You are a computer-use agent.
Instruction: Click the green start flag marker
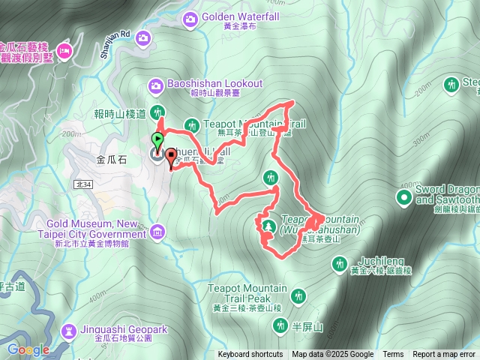click(x=157, y=140)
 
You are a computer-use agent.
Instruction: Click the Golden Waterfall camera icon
click(x=190, y=16)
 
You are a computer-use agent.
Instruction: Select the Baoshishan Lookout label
click(x=216, y=83)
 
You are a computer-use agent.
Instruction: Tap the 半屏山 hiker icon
click(x=280, y=325)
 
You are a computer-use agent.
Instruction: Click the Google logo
click(x=28, y=349)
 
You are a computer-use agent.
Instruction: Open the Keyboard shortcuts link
click(x=250, y=355)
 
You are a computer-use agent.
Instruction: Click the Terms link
click(x=393, y=355)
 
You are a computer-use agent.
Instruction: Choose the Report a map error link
click(x=444, y=355)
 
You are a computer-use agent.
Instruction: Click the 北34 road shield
click(x=83, y=184)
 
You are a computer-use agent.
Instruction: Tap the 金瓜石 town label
click(x=112, y=159)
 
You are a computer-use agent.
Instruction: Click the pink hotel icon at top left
click(x=65, y=51)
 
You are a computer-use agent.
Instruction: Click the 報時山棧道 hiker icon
click(x=157, y=112)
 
